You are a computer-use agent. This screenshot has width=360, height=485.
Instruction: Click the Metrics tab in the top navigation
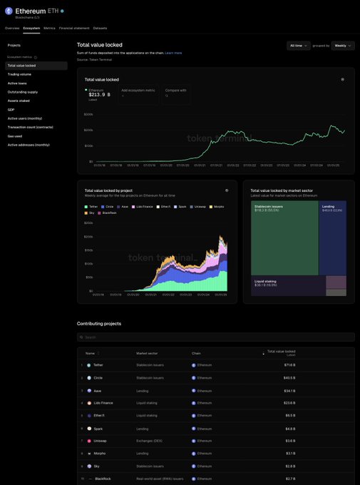49,28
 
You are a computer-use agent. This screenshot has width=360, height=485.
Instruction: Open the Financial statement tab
74,28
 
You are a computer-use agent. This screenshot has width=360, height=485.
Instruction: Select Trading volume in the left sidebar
19,74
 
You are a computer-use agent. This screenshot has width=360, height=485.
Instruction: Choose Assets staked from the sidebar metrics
19,101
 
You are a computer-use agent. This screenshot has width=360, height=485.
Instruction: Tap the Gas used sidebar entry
15,136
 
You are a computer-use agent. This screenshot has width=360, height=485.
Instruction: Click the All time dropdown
299,46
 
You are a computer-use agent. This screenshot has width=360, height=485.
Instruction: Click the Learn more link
173,53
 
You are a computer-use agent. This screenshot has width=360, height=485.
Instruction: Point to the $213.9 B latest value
100,94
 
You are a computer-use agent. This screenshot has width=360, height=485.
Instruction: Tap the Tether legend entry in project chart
93,206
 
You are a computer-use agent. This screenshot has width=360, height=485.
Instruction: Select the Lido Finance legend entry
143,206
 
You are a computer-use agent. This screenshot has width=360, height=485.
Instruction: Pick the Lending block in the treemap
332,239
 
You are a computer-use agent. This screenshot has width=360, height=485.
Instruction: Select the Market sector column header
148,353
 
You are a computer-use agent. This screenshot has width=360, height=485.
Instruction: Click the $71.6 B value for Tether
289,364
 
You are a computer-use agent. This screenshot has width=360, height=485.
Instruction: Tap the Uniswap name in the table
100,441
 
